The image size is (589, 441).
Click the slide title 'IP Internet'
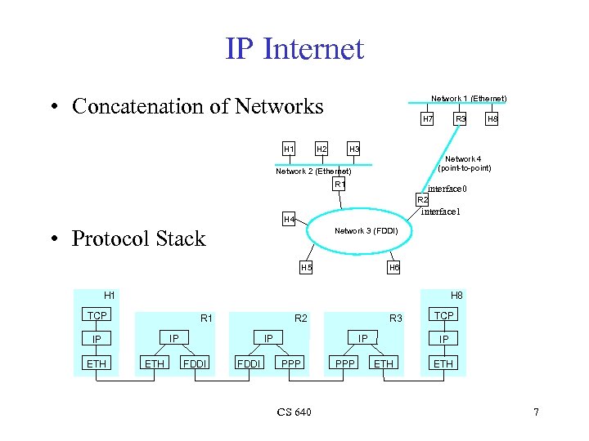pos(294,49)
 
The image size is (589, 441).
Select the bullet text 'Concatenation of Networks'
pos(197,106)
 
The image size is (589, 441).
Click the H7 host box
pos(427,119)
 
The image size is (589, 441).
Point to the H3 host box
pos(354,149)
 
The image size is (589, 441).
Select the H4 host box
pos(289,220)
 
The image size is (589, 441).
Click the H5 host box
pos(306,267)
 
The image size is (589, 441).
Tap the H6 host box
pos(394,267)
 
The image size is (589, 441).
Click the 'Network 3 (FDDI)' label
pos(366,230)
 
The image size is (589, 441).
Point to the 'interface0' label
pos(447,189)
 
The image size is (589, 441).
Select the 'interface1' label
pos(441,212)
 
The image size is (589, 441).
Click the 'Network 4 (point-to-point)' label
pos(464,163)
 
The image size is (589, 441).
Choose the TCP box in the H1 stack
pos(97,315)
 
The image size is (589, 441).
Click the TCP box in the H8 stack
pos(444,315)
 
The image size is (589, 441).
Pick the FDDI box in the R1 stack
pos(194,363)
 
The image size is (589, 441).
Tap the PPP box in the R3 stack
pos(345,363)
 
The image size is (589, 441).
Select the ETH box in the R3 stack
pos(383,363)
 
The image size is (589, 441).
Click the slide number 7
pos(536,412)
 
